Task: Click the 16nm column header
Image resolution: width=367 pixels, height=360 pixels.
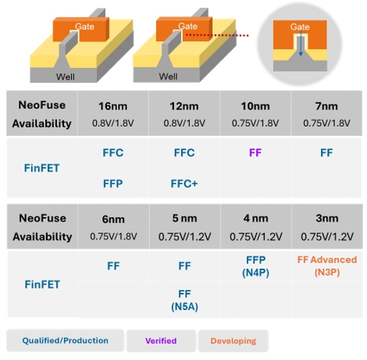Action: (x=112, y=106)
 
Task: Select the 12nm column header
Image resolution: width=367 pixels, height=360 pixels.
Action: (x=184, y=106)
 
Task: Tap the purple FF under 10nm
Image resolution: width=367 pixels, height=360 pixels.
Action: (x=255, y=152)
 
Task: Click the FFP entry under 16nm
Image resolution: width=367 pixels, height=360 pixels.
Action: (x=112, y=184)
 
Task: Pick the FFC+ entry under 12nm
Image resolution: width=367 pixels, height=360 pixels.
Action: (x=184, y=184)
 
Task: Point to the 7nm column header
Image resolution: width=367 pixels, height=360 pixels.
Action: (x=326, y=106)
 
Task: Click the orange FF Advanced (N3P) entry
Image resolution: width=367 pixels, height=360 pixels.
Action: (x=327, y=266)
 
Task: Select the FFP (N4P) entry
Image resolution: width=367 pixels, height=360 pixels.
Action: (x=255, y=266)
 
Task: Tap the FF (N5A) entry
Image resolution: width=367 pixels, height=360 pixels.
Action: (x=184, y=300)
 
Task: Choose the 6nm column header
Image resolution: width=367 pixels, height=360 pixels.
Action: (x=113, y=219)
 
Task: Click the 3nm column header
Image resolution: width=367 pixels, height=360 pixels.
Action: (x=327, y=218)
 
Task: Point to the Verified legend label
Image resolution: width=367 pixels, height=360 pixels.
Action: (x=161, y=340)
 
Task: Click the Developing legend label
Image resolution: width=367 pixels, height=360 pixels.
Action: (x=233, y=340)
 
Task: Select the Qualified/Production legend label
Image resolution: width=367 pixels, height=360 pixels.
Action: (x=65, y=340)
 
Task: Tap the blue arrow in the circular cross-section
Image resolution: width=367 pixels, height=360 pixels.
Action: (x=301, y=44)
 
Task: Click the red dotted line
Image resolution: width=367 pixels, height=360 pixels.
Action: (x=217, y=35)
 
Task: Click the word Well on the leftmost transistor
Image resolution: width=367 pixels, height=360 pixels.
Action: (x=66, y=77)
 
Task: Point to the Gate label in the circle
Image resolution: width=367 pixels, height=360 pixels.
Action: (x=300, y=27)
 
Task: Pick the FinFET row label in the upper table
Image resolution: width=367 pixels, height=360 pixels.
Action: (x=41, y=168)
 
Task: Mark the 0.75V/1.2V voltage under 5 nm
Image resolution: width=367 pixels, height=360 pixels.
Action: (x=184, y=237)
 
